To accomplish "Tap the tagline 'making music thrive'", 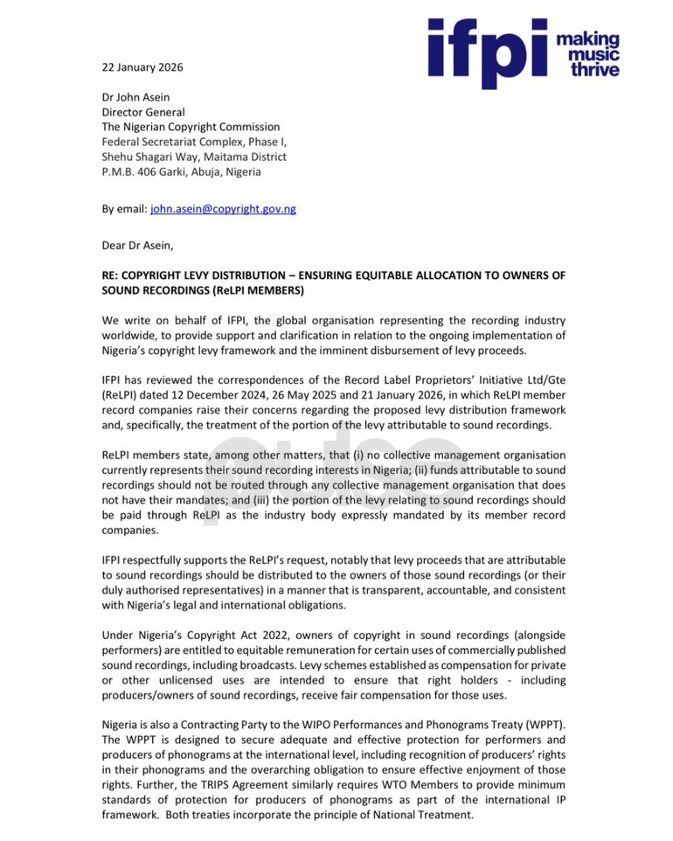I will coord(588,54).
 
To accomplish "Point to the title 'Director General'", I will coord(143,112).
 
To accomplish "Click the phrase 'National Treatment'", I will coord(423,814).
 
